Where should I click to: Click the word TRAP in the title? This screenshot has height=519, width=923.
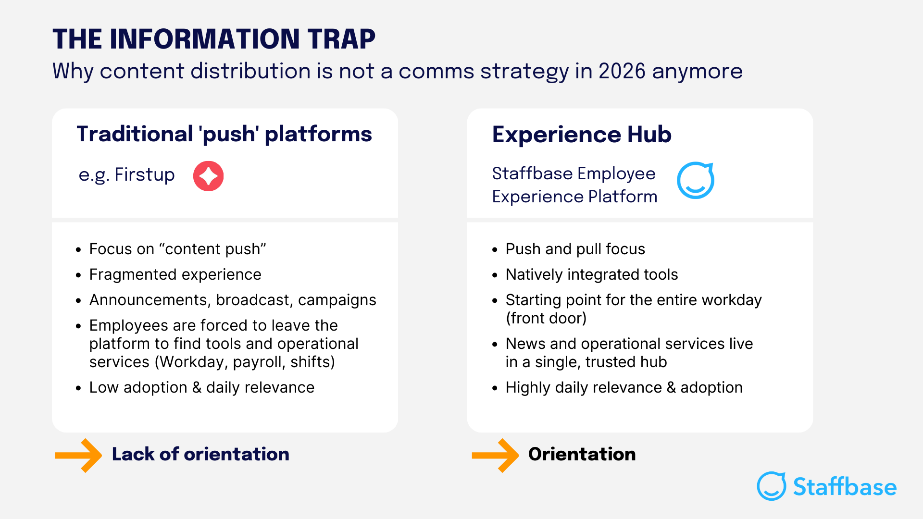341,39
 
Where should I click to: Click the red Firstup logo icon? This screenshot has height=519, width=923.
208,176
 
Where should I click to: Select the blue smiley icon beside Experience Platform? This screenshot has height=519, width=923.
695,181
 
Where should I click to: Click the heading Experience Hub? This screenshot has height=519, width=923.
581,135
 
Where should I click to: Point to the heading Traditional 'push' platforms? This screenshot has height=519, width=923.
224,134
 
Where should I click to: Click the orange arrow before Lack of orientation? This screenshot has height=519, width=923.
78,455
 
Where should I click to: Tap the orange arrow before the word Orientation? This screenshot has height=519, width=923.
495,455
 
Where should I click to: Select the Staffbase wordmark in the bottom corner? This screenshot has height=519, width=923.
844,487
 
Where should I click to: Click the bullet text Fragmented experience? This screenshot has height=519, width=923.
175,274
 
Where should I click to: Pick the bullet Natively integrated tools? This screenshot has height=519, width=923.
591,274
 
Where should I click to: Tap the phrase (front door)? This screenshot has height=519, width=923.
546,318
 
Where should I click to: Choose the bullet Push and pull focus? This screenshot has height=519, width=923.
575,249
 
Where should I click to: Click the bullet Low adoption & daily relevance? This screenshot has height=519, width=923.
201,387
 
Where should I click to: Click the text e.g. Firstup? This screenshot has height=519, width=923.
126,175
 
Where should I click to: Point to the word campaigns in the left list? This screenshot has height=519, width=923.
337,300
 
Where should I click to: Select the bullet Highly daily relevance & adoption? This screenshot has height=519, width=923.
624,387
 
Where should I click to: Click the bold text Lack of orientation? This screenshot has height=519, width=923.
200,454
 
